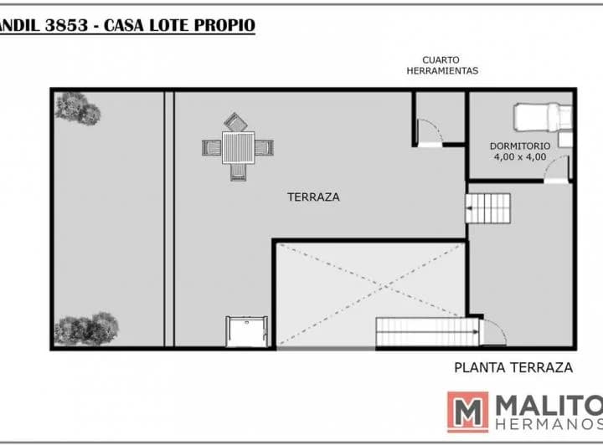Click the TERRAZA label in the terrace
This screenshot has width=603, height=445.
313,197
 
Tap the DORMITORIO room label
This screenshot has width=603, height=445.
520,146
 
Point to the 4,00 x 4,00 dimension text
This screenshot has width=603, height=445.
520,156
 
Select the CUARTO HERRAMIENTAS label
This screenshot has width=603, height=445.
442,65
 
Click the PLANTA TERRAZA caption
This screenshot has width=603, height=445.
513,367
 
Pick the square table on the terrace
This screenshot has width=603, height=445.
238,147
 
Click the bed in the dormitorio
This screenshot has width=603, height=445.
543,117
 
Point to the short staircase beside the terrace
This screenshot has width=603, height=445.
487,208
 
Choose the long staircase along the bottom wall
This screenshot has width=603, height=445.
428,332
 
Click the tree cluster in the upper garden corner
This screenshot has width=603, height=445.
78,109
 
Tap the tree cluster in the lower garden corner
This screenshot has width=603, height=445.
86,329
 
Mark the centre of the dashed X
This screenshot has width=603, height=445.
381,287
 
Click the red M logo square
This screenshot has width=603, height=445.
467,412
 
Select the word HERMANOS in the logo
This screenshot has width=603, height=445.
549,424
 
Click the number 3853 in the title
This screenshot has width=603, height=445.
66,25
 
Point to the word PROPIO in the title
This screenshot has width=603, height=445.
224,25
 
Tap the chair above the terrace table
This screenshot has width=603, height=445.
235,122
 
